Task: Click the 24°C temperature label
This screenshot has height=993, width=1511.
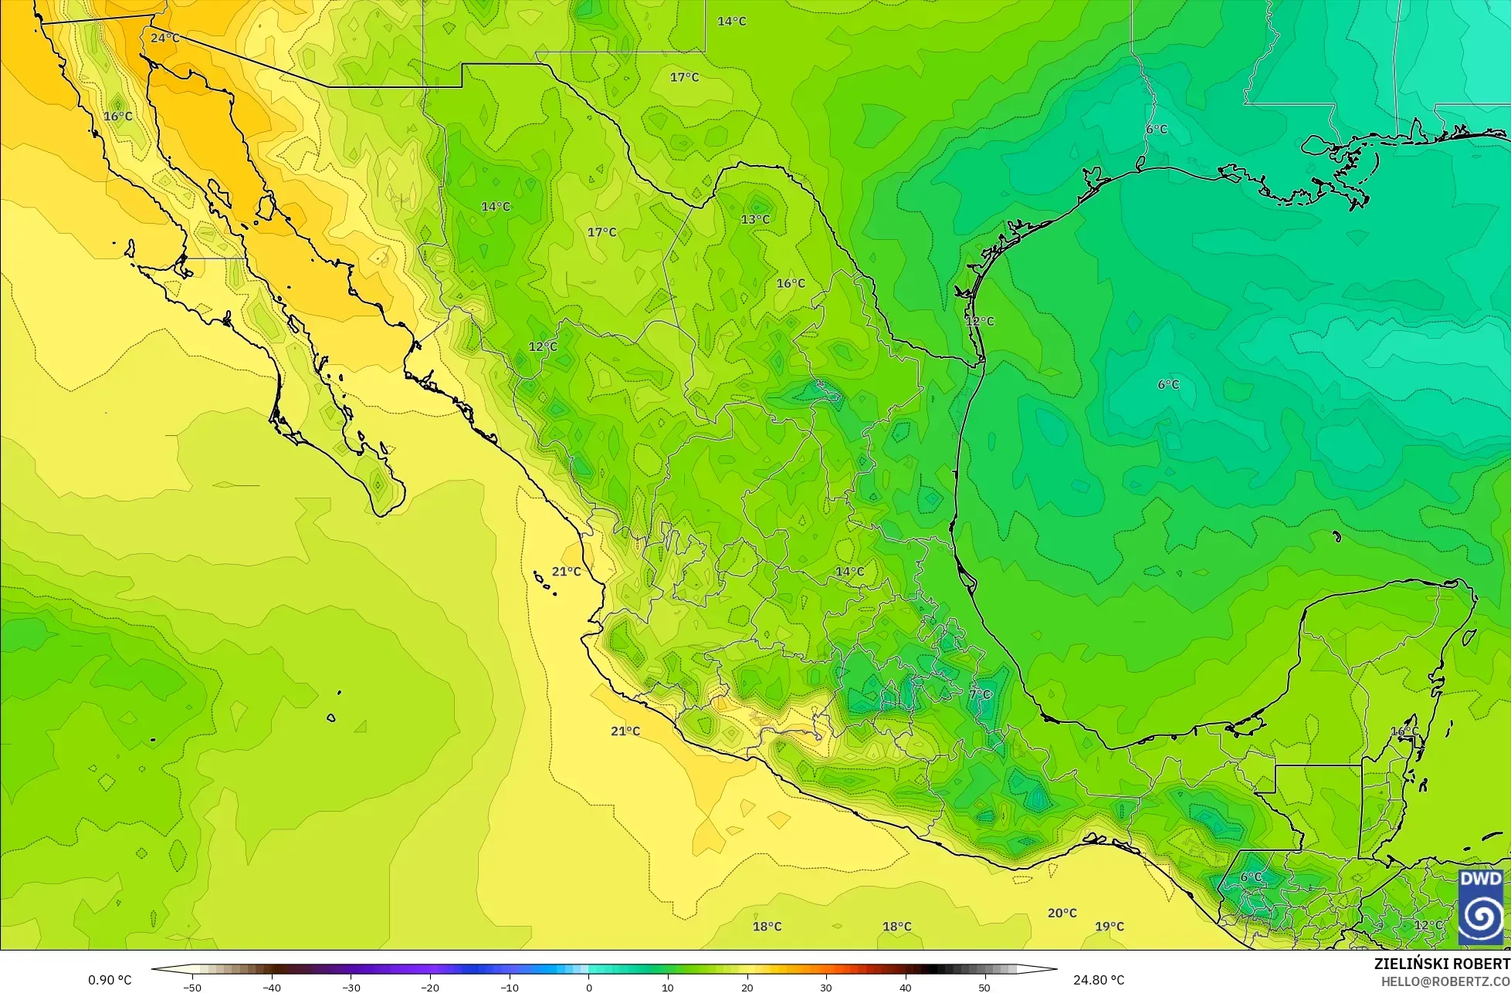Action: pyautogui.click(x=164, y=38)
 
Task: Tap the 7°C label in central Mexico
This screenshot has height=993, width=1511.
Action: pyautogui.click(x=979, y=694)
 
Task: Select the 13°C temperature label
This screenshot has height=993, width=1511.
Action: pyautogui.click(x=755, y=219)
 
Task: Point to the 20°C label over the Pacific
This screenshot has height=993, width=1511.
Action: pyautogui.click(x=1062, y=913)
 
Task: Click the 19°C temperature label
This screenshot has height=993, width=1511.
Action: pyautogui.click(x=1110, y=927)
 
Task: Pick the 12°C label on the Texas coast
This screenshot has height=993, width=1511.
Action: pyautogui.click(x=980, y=321)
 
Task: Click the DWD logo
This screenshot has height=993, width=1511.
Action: pyautogui.click(x=1481, y=907)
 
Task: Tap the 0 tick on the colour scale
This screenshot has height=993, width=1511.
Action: pyautogui.click(x=589, y=987)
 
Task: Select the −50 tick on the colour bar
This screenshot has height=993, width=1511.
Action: pyautogui.click(x=191, y=987)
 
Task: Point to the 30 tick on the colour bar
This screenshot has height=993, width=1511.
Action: pyautogui.click(x=826, y=987)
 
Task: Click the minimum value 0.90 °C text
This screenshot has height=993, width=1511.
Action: pyautogui.click(x=110, y=980)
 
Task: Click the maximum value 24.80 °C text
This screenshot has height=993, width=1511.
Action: pyautogui.click(x=1099, y=980)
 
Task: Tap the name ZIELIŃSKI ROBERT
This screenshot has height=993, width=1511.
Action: pyautogui.click(x=1442, y=964)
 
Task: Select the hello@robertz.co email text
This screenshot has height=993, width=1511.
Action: pyautogui.click(x=1445, y=981)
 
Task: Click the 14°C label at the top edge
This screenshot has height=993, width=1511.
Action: pyautogui.click(x=731, y=21)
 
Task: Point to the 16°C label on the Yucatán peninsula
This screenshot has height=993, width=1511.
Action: pyautogui.click(x=1404, y=731)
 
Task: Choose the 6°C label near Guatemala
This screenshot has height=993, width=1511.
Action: pyautogui.click(x=1251, y=877)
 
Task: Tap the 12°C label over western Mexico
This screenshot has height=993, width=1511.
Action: pyautogui.click(x=543, y=346)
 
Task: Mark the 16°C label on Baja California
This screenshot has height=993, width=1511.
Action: pyautogui.click(x=117, y=117)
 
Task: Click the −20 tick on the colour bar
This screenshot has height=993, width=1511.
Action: pyautogui.click(x=430, y=987)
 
